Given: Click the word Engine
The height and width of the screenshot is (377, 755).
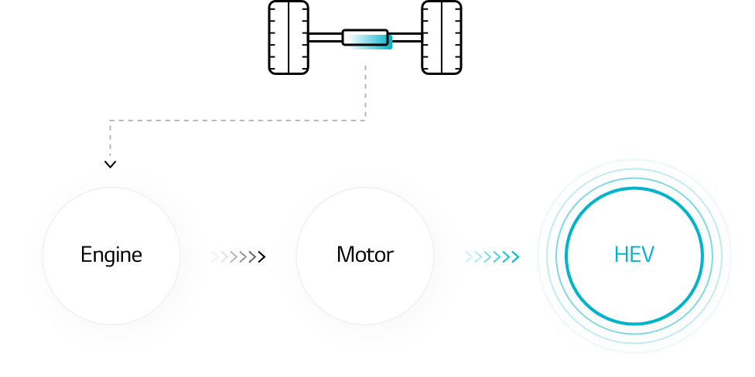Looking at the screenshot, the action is pyautogui.click(x=111, y=256).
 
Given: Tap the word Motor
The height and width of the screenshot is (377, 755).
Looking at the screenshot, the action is pyautogui.click(x=365, y=255).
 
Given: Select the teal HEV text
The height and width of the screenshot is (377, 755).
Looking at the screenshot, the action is pyautogui.click(x=634, y=255).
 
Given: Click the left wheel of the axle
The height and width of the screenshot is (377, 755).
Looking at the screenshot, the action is pyautogui.click(x=289, y=38).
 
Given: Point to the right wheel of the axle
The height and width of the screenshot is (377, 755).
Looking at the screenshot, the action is pyautogui.click(x=442, y=38).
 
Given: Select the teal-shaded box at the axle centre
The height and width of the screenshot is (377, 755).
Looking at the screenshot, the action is pyautogui.click(x=367, y=39).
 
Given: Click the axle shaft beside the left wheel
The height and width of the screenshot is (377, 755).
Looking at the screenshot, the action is pyautogui.click(x=326, y=38).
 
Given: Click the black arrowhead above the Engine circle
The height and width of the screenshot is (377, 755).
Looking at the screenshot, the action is pyautogui.click(x=111, y=165).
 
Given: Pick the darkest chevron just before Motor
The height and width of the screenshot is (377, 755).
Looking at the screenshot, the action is pyautogui.click(x=261, y=256).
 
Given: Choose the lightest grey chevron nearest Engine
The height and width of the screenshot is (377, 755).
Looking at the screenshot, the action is pyautogui.click(x=215, y=256).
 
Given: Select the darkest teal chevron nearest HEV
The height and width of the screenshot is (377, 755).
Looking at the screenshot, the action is pyautogui.click(x=515, y=256).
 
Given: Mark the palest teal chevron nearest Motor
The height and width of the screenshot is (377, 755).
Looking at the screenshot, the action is pyautogui.click(x=469, y=256).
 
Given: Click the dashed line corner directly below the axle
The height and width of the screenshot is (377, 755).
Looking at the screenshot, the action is pyautogui.click(x=365, y=121).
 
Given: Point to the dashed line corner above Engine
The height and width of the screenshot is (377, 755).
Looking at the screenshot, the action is pyautogui.click(x=111, y=121).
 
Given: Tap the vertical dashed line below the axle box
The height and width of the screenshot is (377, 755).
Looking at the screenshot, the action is pyautogui.click(x=365, y=93).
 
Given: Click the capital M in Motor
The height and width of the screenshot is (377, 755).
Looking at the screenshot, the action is pyautogui.click(x=345, y=255).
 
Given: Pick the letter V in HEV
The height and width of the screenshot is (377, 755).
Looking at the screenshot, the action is pyautogui.click(x=647, y=255).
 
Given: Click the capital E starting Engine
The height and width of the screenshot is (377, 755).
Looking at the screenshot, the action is pyautogui.click(x=86, y=255).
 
